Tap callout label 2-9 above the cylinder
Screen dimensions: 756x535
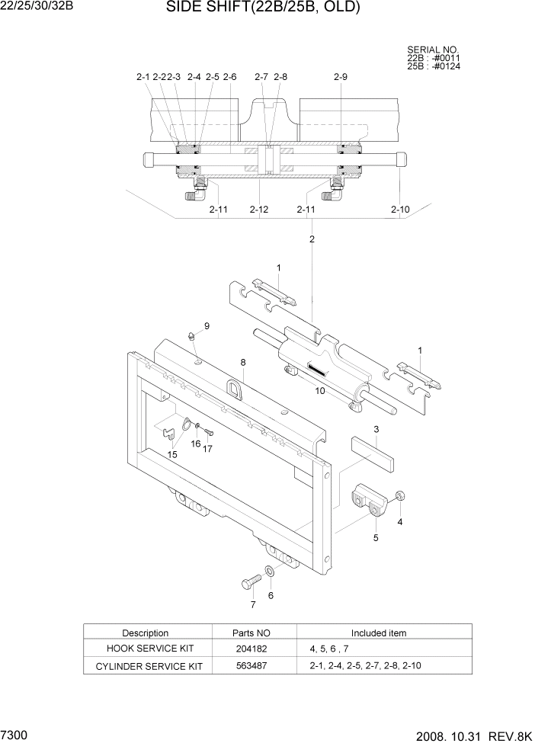[x=341, y=77]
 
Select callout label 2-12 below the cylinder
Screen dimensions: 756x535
[x=259, y=210]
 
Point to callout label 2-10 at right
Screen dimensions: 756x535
[x=400, y=210]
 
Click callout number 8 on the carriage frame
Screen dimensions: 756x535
[x=243, y=363]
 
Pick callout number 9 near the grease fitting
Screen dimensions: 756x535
[x=206, y=326]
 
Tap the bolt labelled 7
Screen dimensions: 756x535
[x=249, y=584]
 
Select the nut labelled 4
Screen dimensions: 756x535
[x=400, y=496]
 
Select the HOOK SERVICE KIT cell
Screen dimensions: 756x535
[x=145, y=649]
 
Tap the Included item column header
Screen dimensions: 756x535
[x=378, y=633]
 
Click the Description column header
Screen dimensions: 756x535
[x=145, y=633]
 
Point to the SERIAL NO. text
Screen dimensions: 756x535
[x=433, y=50]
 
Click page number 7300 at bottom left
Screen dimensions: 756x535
[x=15, y=737]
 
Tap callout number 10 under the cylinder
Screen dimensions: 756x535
[x=319, y=391]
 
